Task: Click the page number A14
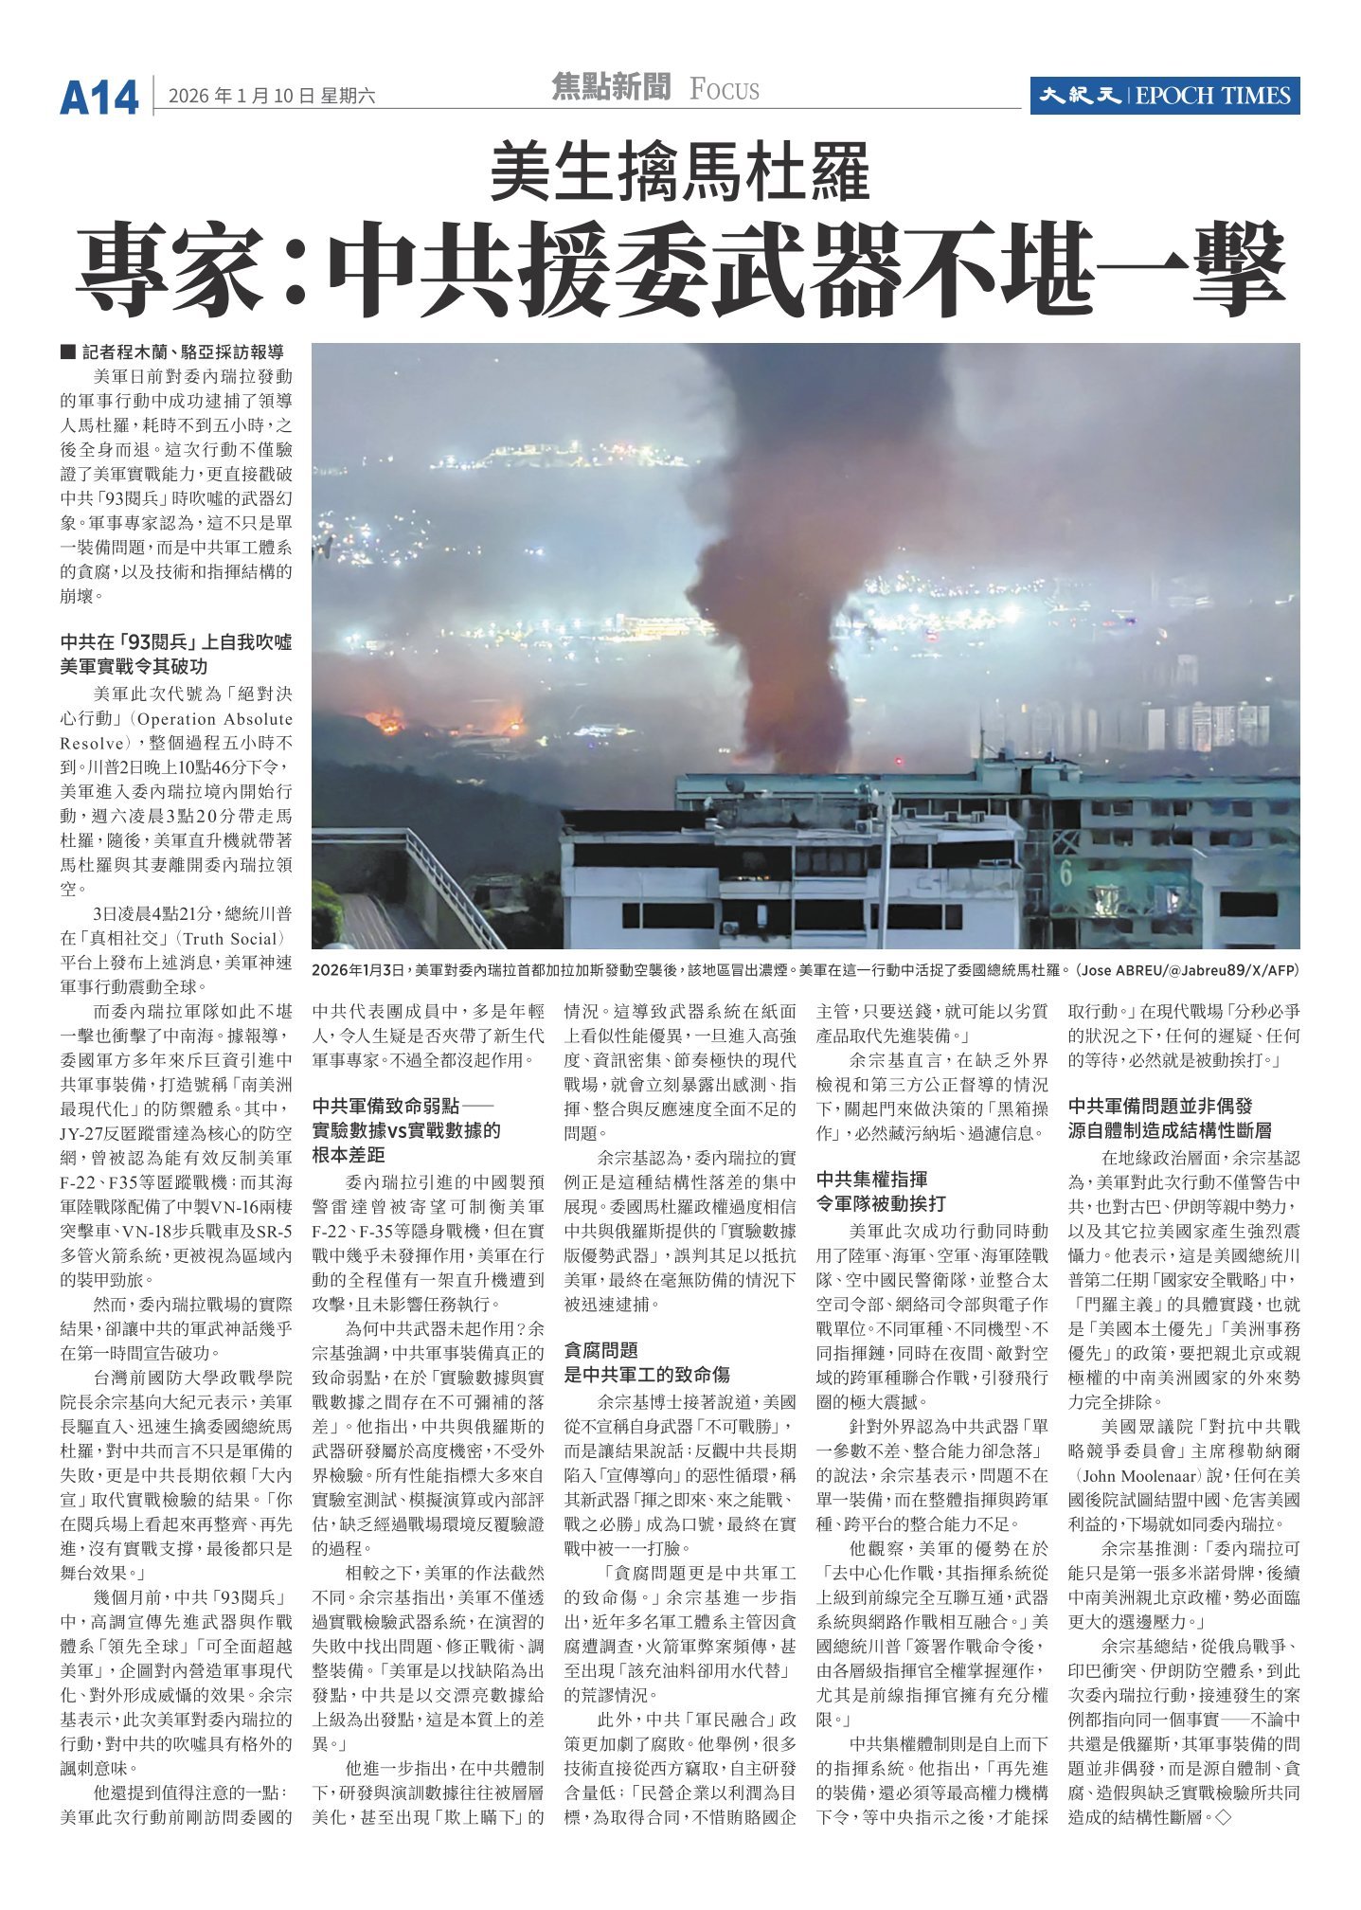pos(98,97)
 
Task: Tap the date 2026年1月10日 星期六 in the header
pos(272,96)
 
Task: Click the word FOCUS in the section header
pos(725,91)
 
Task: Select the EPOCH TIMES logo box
pos(1164,96)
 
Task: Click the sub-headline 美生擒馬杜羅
pos(679,172)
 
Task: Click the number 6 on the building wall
pos(1066,874)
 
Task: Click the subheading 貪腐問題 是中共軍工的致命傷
pos(647,1362)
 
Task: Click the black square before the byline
pos(66,352)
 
